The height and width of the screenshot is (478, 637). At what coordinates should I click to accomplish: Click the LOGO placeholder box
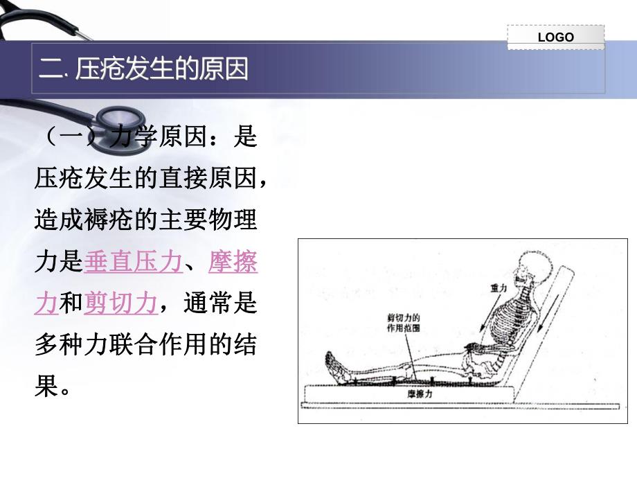pos(555,37)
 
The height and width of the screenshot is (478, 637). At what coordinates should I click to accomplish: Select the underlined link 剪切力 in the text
pos(120,303)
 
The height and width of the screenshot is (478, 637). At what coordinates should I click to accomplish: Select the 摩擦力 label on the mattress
pos(419,393)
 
